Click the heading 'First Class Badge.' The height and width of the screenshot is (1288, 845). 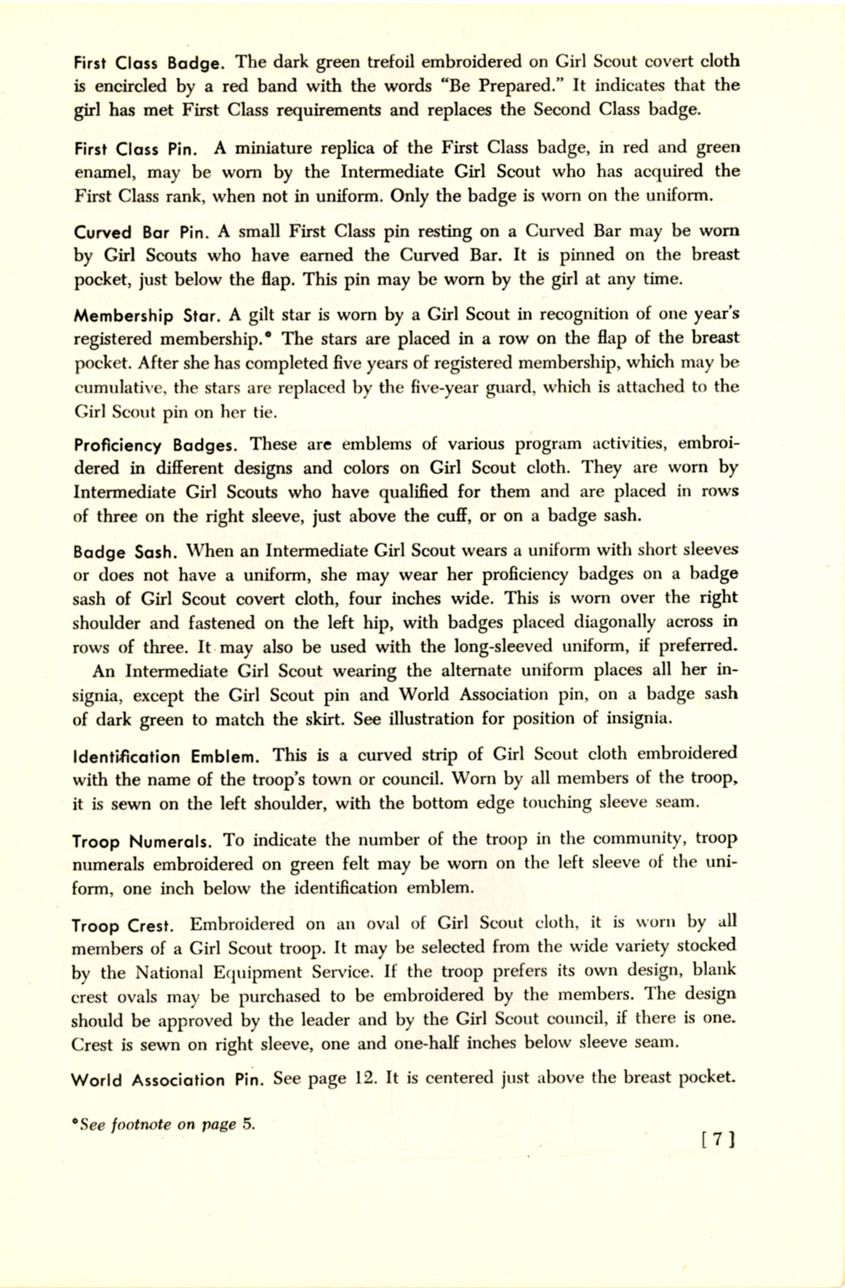[149, 64]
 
